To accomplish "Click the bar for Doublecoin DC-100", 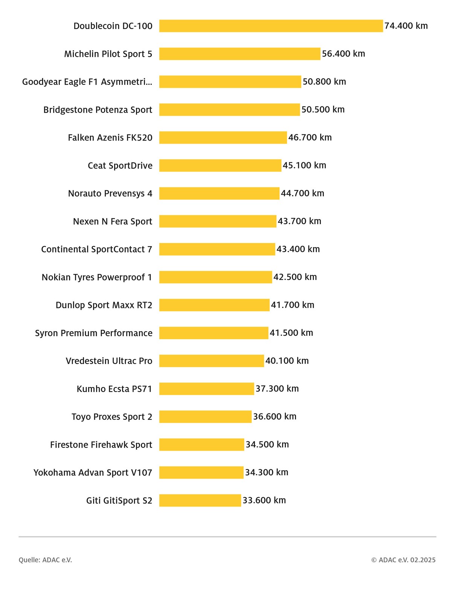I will (271, 26).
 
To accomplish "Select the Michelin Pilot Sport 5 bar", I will (240, 54).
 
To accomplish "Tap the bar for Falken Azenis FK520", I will (223, 138).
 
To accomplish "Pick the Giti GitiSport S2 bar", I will (200, 500).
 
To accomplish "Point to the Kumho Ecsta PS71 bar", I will (206, 389).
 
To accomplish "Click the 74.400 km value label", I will (406, 26).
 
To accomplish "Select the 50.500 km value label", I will (323, 110).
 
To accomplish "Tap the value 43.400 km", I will (298, 249).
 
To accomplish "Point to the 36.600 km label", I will (275, 416).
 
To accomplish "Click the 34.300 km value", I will (267, 472).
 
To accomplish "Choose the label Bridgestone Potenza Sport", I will (98, 110).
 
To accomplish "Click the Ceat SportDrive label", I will (120, 165).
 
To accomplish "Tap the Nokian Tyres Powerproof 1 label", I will (97, 277).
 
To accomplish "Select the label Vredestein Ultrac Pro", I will (109, 361).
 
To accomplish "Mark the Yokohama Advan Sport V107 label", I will (93, 473).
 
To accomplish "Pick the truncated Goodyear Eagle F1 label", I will (87, 82).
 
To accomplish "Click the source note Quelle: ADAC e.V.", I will (45, 560).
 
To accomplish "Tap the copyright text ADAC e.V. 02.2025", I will (403, 560).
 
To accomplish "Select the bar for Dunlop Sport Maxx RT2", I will (214, 305).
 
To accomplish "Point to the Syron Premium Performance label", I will (93, 333).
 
